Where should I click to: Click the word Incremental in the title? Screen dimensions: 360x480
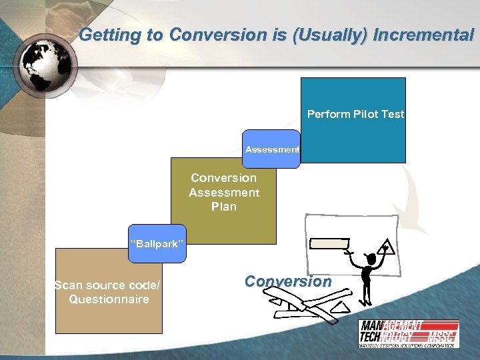(424, 35)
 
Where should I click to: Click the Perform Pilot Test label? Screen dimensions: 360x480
(355, 114)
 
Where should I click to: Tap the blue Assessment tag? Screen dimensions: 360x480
(272, 149)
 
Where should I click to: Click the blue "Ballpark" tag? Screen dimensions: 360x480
(155, 244)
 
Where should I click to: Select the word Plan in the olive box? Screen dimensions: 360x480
(223, 207)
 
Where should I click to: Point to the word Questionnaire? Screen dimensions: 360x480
(109, 299)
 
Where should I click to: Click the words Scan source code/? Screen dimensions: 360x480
(107, 285)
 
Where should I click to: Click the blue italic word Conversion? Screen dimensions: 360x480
(287, 281)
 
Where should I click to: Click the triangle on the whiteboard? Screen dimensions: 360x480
(385, 249)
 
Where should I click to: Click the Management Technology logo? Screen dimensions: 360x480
(408, 333)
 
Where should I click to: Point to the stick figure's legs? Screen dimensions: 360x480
(366, 289)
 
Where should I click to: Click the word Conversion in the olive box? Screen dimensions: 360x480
(223, 178)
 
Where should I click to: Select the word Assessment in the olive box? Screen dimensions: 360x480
(224, 193)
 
